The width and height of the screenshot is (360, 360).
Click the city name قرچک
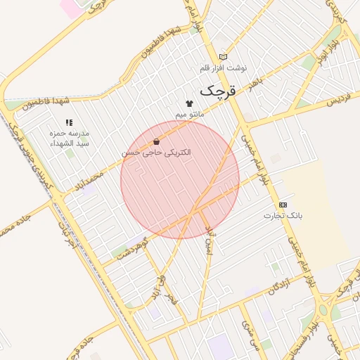[x=219, y=91]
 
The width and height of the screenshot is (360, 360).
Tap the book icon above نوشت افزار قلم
[x=224, y=57]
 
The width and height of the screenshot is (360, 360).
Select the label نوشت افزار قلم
[x=224, y=67]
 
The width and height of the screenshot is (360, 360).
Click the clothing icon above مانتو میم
[x=188, y=103]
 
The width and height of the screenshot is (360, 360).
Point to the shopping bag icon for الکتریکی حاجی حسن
[x=155, y=141]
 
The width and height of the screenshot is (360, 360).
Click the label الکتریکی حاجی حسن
[x=155, y=152]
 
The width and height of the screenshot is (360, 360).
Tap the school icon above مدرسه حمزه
[x=69, y=122]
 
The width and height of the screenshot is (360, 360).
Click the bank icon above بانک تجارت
[x=283, y=204]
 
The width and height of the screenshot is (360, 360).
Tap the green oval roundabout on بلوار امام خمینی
[x=325, y=309]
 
